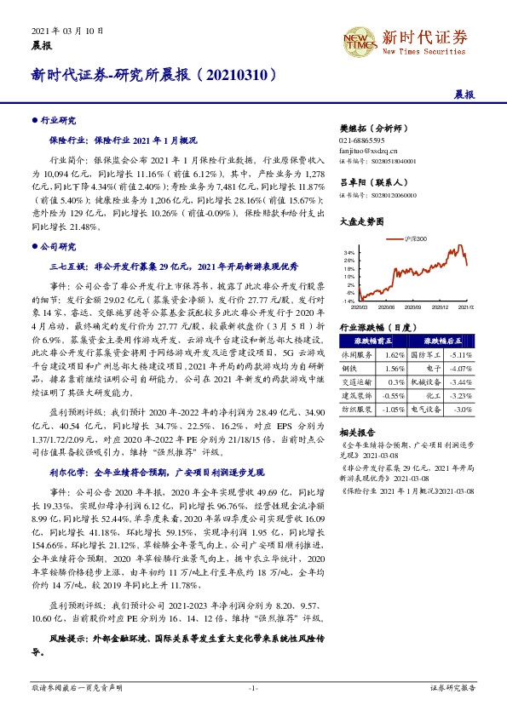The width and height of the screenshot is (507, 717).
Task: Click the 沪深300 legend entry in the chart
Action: [x=416, y=239]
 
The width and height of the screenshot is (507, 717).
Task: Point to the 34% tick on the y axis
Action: [x=349, y=253]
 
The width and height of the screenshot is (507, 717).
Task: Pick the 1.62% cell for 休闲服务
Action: [x=394, y=353]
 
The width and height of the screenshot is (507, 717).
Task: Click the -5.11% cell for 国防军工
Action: [x=460, y=353]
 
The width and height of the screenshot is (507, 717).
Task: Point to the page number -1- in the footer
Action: [x=252, y=687]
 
